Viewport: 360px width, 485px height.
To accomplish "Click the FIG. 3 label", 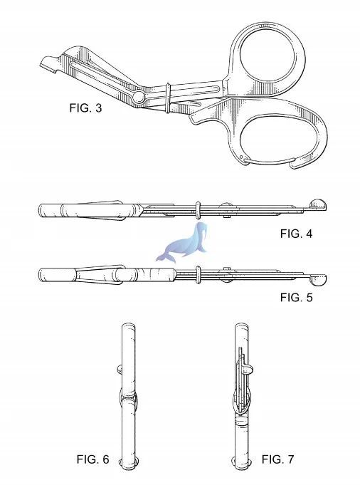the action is pyautogui.click(x=85, y=108).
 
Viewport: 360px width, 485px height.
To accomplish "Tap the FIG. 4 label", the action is pyautogui.click(x=296, y=234).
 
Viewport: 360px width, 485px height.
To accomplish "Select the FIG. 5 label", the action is pyautogui.click(x=296, y=297).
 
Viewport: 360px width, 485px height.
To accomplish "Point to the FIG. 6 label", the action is pyautogui.click(x=92, y=459).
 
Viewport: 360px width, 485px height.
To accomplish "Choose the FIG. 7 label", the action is pyautogui.click(x=277, y=459).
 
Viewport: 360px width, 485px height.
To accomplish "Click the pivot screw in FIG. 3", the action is pyautogui.click(x=139, y=97).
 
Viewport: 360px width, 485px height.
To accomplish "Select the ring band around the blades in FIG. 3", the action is pyautogui.click(x=167, y=98).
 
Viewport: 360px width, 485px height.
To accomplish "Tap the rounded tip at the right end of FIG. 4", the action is pyautogui.click(x=318, y=205).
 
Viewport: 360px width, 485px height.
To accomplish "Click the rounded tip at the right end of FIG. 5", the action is pyautogui.click(x=317, y=279).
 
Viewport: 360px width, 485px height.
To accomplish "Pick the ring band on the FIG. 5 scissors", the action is pyautogui.click(x=198, y=275).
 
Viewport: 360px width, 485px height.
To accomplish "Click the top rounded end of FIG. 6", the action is pyautogui.click(x=128, y=328).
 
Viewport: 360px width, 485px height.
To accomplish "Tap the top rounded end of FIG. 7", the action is pyautogui.click(x=241, y=328).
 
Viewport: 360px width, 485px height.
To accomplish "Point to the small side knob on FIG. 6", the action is pyautogui.click(x=120, y=369).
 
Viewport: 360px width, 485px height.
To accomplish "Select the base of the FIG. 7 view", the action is pyautogui.click(x=241, y=464).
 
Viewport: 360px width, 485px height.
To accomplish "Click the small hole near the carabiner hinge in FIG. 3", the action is pyautogui.click(x=241, y=156).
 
